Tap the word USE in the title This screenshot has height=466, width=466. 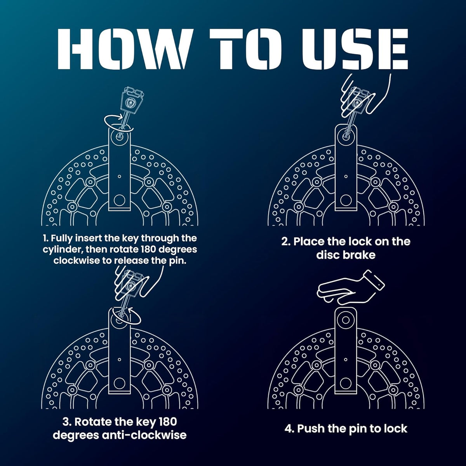(355, 49)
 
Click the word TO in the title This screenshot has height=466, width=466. (246, 49)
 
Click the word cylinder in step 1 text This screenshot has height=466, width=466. (63, 250)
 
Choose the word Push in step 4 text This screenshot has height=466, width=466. (309, 429)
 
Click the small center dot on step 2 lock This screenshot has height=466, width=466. (346, 177)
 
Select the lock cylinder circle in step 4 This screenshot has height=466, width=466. (346, 320)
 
